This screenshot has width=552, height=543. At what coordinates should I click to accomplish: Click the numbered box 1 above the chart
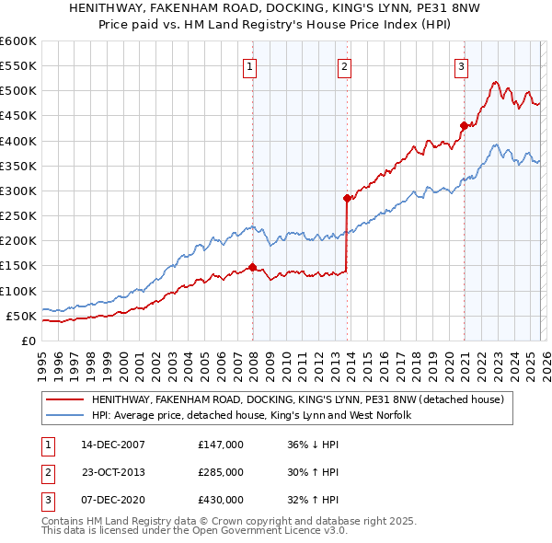(250, 66)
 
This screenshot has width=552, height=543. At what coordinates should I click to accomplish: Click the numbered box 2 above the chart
(343, 66)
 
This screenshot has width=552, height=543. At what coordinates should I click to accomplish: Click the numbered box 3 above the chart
(460, 66)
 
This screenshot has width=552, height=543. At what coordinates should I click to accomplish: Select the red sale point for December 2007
(252, 268)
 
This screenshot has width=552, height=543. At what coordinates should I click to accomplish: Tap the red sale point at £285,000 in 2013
(347, 198)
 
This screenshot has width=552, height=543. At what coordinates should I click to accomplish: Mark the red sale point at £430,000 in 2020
(464, 126)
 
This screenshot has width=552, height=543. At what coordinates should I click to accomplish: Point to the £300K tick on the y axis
(18, 191)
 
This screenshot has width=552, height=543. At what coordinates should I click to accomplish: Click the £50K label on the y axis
(21, 317)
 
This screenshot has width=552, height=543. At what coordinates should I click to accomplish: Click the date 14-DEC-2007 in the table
(112, 445)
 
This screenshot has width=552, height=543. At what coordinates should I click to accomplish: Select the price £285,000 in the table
(221, 472)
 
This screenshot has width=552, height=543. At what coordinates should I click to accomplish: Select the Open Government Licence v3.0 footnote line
(194, 532)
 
